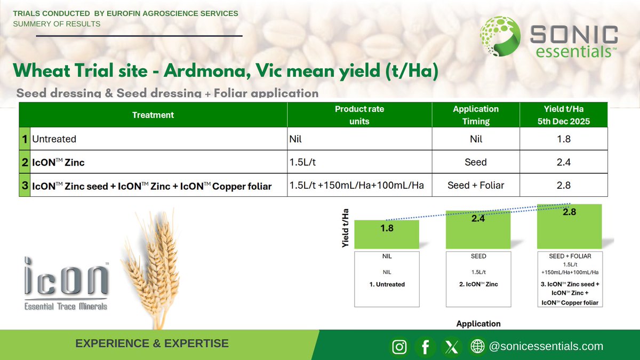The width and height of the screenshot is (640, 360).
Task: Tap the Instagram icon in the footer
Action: coord(399,347)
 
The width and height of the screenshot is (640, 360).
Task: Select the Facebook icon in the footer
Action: coord(426,347)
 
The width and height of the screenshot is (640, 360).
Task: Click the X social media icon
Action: coord(452,347)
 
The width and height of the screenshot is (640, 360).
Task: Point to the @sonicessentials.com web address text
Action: coord(546,346)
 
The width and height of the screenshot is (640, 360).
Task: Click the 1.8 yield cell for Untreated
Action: coord(564,139)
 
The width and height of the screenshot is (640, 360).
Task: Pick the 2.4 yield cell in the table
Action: coord(564,162)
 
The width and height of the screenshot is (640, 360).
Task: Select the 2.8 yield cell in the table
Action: coord(564,186)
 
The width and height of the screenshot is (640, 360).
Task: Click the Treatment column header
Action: coord(153,115)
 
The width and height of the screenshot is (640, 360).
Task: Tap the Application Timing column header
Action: coord(475,115)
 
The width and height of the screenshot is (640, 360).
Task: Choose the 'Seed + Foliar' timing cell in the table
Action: coord(475,186)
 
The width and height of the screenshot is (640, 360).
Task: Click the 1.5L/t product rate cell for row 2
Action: coord(359,162)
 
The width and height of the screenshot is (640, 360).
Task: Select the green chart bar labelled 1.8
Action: coord(387,235)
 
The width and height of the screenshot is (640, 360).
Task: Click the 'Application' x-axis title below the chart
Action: coord(478,323)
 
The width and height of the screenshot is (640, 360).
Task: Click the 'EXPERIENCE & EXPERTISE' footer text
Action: coord(152,343)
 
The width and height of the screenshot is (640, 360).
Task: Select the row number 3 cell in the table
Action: coord(25,186)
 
